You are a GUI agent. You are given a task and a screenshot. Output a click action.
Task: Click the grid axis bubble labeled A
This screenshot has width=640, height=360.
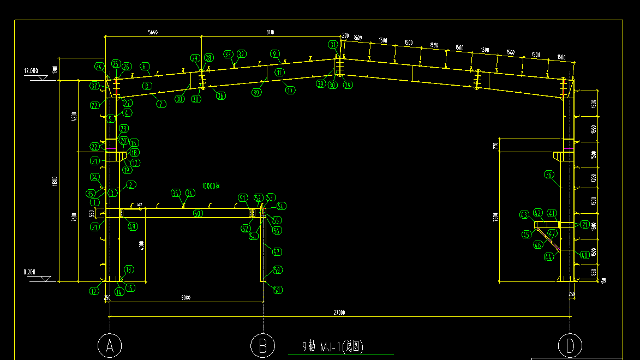pyautogui.click(x=110, y=345)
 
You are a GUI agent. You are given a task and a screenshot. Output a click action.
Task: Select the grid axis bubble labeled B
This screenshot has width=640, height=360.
pyautogui.click(x=262, y=345)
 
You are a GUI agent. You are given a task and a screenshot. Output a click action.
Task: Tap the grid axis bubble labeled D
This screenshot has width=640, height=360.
pyautogui.click(x=570, y=345)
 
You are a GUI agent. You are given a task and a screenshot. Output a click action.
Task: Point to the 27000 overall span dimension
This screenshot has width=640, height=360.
pyautogui.click(x=339, y=313)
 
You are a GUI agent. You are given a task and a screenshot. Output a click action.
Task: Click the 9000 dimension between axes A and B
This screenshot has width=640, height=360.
pyautogui.click(x=186, y=298)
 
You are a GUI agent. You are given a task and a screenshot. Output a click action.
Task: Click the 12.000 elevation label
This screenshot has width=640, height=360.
pyautogui.click(x=31, y=71)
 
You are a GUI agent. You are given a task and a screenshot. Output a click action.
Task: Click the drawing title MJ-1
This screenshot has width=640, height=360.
pyautogui.click(x=333, y=346)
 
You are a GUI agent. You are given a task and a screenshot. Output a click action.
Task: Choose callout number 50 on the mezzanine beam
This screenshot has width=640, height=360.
pyautogui.click(x=198, y=213)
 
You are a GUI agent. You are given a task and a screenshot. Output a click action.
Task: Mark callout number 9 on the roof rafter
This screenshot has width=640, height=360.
pyautogui.click(x=275, y=53)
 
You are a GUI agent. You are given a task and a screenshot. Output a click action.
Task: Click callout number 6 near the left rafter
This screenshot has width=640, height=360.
pyautogui.click(x=145, y=67)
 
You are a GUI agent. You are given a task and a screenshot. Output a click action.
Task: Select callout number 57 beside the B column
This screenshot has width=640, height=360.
pyautogui.click(x=277, y=252)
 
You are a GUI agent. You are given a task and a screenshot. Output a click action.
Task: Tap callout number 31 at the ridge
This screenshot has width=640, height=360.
pyautogui.click(x=333, y=44)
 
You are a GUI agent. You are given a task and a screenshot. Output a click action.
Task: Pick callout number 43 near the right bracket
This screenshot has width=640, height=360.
pyautogui.click(x=525, y=215)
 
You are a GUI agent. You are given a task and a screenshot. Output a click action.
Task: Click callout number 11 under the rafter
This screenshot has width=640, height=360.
pyautogui.click(x=279, y=72)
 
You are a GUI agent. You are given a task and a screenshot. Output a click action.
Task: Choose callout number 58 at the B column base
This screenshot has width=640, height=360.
pyautogui.click(x=277, y=290)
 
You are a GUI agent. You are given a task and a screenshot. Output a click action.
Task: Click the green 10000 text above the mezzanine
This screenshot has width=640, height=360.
pyautogui.click(x=210, y=186)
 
